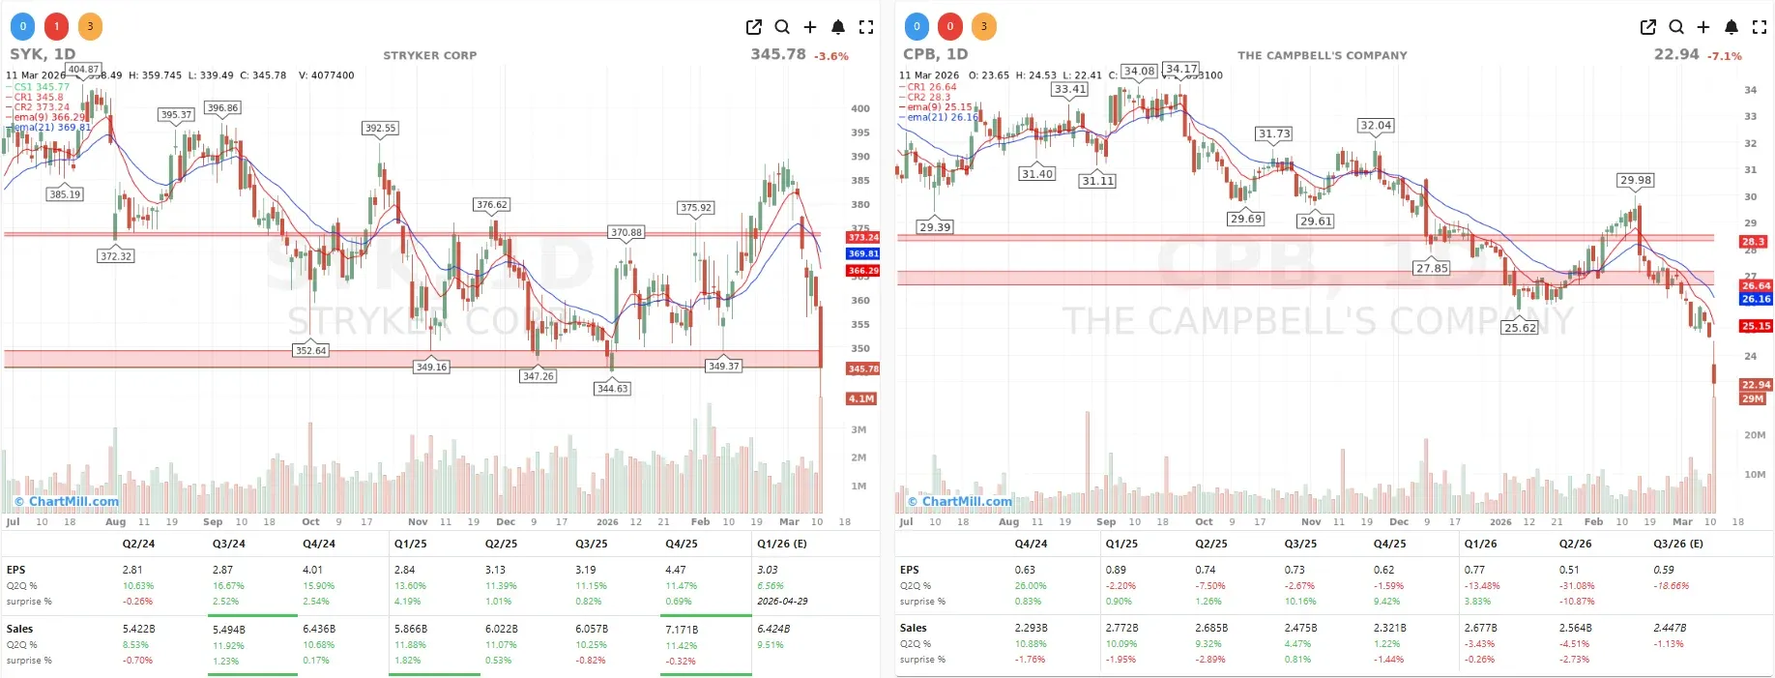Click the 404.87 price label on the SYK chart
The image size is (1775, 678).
(83, 70)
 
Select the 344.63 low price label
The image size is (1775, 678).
(612, 389)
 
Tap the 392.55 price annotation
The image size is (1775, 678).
(380, 128)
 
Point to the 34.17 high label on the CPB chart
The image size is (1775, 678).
(1181, 69)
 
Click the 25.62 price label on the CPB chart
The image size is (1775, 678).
(1520, 328)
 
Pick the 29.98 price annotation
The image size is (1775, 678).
(1636, 180)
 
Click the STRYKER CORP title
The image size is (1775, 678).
(429, 55)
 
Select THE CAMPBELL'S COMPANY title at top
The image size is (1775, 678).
(1322, 55)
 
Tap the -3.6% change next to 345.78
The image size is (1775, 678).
(830, 56)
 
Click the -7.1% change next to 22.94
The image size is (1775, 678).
(1724, 56)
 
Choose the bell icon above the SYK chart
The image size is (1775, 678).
(838, 27)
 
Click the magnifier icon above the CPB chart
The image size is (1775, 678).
(1675, 27)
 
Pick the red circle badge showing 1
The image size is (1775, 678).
(56, 26)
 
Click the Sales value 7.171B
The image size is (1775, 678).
(681, 630)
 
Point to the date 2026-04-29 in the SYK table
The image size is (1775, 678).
(781, 601)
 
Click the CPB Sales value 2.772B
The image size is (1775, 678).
(1121, 628)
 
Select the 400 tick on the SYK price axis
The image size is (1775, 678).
(859, 108)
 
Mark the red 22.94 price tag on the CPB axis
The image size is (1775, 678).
(1756, 384)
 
